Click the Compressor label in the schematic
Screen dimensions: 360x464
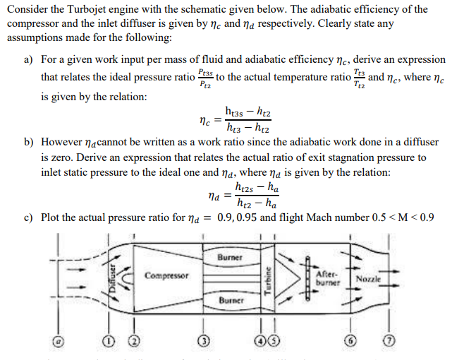(x=167, y=275)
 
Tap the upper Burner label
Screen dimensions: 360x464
(x=231, y=258)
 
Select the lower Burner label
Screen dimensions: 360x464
(x=231, y=300)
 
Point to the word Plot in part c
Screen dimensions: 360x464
(x=53, y=217)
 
